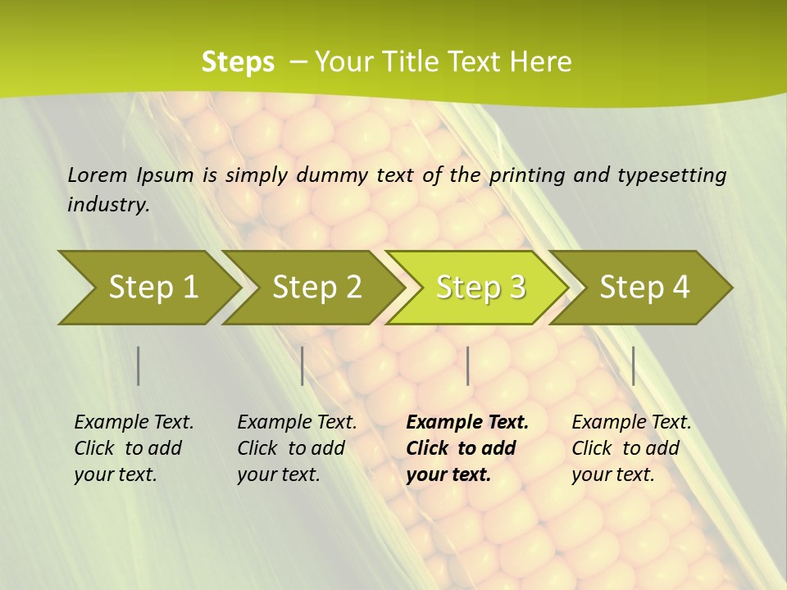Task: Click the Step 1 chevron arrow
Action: click(x=152, y=288)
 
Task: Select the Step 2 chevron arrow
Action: click(x=316, y=288)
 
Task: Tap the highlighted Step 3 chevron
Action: click(x=480, y=288)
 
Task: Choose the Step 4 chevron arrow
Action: click(x=644, y=288)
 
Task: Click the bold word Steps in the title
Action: click(x=238, y=62)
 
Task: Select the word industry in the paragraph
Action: click(x=108, y=205)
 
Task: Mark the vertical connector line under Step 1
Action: click(x=139, y=365)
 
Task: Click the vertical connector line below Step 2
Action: click(x=303, y=365)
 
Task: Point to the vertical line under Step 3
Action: click(x=468, y=365)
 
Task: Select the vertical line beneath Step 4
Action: click(x=634, y=365)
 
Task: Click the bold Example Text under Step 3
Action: click(x=467, y=423)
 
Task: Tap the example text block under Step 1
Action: click(x=133, y=448)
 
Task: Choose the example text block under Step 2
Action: click(x=296, y=448)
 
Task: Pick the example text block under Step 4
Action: click(x=630, y=448)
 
